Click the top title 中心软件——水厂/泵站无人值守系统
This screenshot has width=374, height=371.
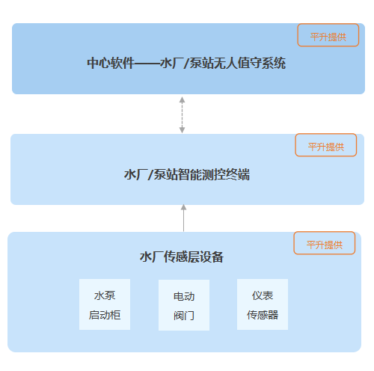[186, 64]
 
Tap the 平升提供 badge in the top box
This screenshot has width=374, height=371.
[328, 35]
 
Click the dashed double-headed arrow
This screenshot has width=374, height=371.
[182, 114]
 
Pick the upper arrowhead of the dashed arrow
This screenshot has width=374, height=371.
[182, 98]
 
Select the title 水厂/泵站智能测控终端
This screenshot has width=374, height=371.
[186, 175]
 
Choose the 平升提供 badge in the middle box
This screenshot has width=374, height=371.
[325, 146]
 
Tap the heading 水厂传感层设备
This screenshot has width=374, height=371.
[182, 257]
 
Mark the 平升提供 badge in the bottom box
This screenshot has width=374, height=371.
[324, 244]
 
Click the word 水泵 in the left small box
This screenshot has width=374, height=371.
[105, 295]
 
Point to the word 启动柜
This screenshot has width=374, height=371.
[105, 316]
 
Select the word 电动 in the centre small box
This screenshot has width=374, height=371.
[183, 296]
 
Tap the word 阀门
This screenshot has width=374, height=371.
[183, 316]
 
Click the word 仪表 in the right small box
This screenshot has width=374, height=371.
[262, 295]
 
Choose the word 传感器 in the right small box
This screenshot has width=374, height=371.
[262, 315]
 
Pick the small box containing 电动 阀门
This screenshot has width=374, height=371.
[183, 305]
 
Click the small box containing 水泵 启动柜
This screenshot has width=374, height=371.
[105, 305]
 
